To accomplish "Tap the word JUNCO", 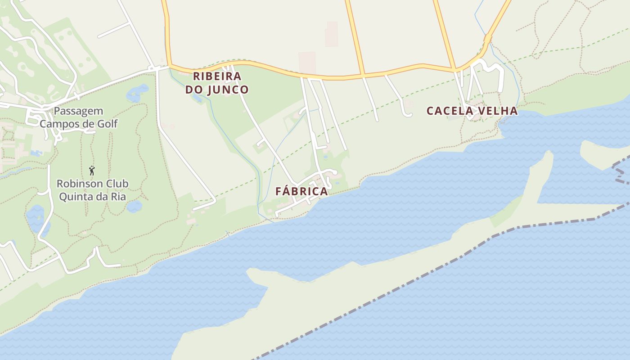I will [228, 90].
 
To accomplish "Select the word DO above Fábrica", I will [194, 90].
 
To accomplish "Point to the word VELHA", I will [498, 111].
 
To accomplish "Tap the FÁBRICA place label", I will [301, 191].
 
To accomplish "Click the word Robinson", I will [75, 184].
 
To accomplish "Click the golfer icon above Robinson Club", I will [92, 171].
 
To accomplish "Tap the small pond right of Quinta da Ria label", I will [134, 206].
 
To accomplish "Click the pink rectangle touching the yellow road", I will [307, 63].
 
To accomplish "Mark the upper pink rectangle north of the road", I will [332, 34].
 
